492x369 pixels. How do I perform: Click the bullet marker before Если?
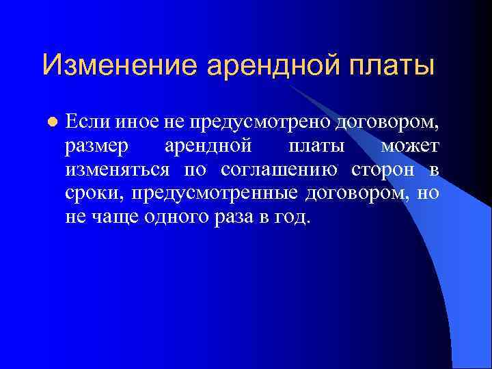51,122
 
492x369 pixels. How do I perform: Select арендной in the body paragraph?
208,146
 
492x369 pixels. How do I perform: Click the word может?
410,146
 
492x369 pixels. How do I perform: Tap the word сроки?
94,194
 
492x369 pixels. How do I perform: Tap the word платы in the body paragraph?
311,146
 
